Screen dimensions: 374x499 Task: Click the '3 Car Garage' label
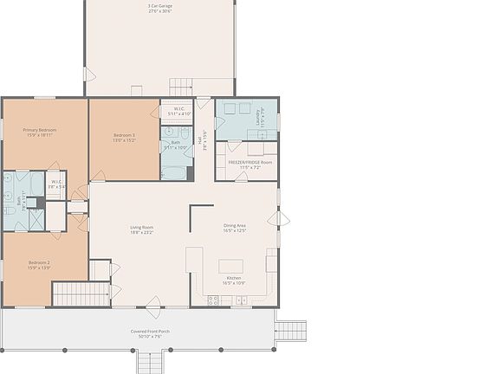[x=159, y=7]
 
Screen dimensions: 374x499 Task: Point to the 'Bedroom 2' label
[x=39, y=262]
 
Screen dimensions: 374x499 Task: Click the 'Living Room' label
[x=141, y=227]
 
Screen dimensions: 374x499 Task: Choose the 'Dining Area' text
[x=235, y=225]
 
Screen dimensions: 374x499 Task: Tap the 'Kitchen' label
[x=234, y=277]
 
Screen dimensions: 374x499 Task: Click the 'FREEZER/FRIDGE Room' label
[x=250, y=162]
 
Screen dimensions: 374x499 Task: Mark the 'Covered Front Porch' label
[x=151, y=332]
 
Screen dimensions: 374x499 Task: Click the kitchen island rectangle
[x=231, y=266]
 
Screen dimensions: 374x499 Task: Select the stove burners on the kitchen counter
[x=213, y=300]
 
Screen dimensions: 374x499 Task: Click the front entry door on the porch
[x=153, y=306]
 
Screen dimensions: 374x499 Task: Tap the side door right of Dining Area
[x=278, y=218]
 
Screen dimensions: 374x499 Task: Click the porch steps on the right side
[x=292, y=331]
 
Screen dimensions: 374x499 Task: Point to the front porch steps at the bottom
[x=151, y=361]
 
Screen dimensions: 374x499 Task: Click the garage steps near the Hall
[x=180, y=87]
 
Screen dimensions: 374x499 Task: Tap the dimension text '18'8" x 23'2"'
[x=141, y=233]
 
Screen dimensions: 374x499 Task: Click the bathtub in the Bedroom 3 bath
[x=176, y=172]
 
